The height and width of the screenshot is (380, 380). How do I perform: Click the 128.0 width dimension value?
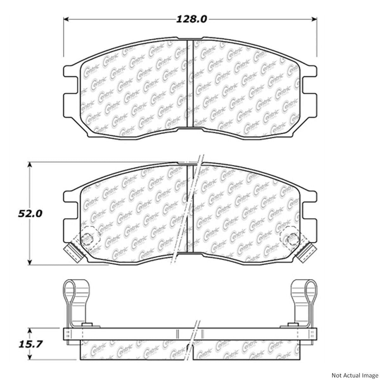[x=192, y=19]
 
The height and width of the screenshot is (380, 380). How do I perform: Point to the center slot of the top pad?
[x=190, y=84]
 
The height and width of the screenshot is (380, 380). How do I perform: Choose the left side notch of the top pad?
[x=70, y=85]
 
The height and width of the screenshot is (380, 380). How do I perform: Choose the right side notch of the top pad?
[x=310, y=85]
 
